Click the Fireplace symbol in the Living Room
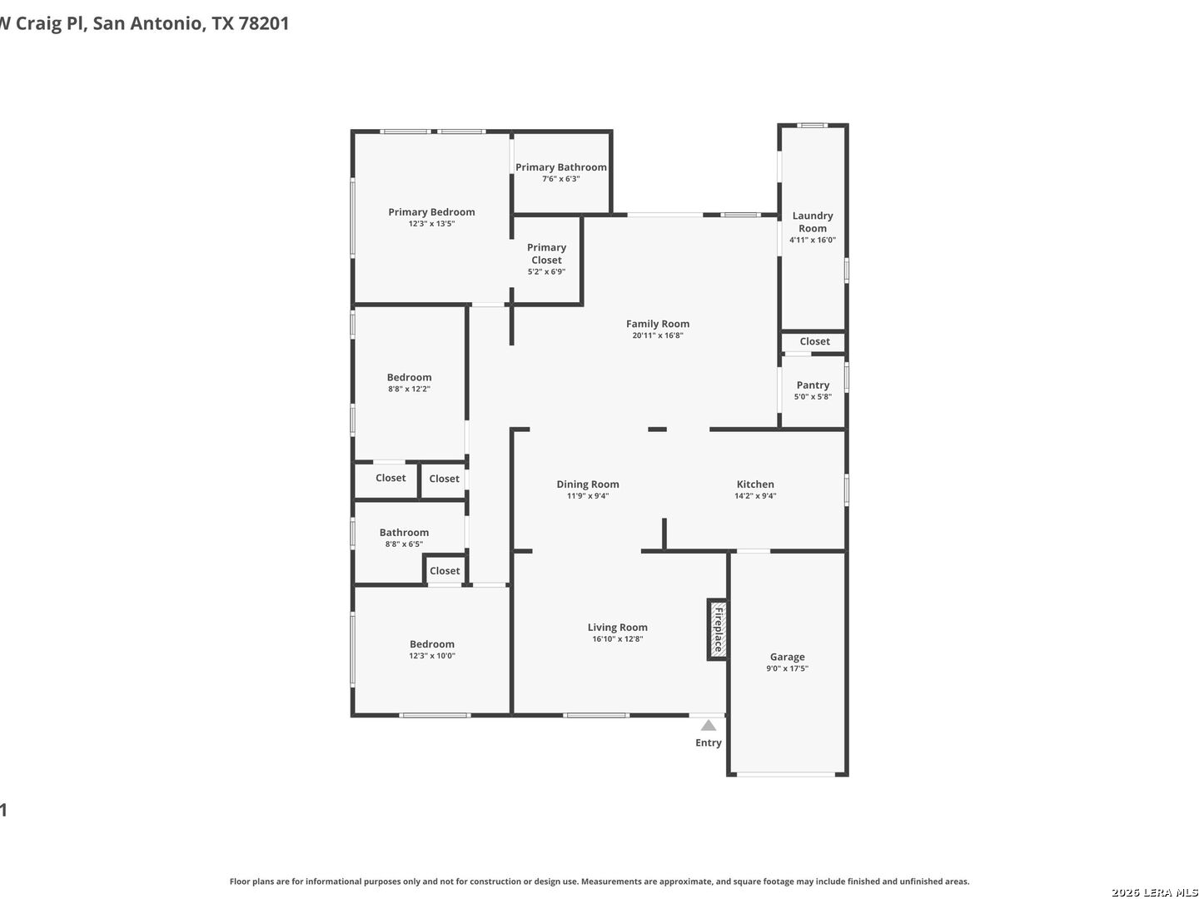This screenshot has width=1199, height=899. click(x=717, y=629)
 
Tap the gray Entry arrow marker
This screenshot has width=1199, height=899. click(x=708, y=725)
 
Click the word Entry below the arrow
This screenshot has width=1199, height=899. click(x=708, y=743)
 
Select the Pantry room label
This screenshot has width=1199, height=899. click(x=813, y=385)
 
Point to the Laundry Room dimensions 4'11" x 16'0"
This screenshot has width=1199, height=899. click(x=813, y=240)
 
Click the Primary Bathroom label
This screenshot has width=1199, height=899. click(x=560, y=167)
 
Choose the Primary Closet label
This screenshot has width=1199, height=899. click(x=546, y=253)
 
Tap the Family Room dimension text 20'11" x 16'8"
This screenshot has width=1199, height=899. click(x=657, y=335)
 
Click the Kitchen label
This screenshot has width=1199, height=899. click(x=755, y=484)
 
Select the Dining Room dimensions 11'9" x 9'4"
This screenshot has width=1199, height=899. click(x=588, y=495)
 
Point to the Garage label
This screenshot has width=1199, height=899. click(x=787, y=657)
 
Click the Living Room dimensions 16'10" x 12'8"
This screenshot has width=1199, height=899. click(x=617, y=638)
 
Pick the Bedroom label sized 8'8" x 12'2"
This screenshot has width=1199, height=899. click(x=409, y=377)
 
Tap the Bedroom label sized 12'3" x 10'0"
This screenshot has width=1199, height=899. click(x=431, y=644)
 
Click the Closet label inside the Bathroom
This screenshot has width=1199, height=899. click(x=444, y=570)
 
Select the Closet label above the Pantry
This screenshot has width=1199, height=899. click(x=814, y=341)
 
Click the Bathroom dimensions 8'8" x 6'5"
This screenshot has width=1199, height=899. click(x=404, y=544)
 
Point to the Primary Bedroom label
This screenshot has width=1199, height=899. click(x=431, y=211)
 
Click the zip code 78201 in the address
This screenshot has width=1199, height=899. click(x=263, y=23)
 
